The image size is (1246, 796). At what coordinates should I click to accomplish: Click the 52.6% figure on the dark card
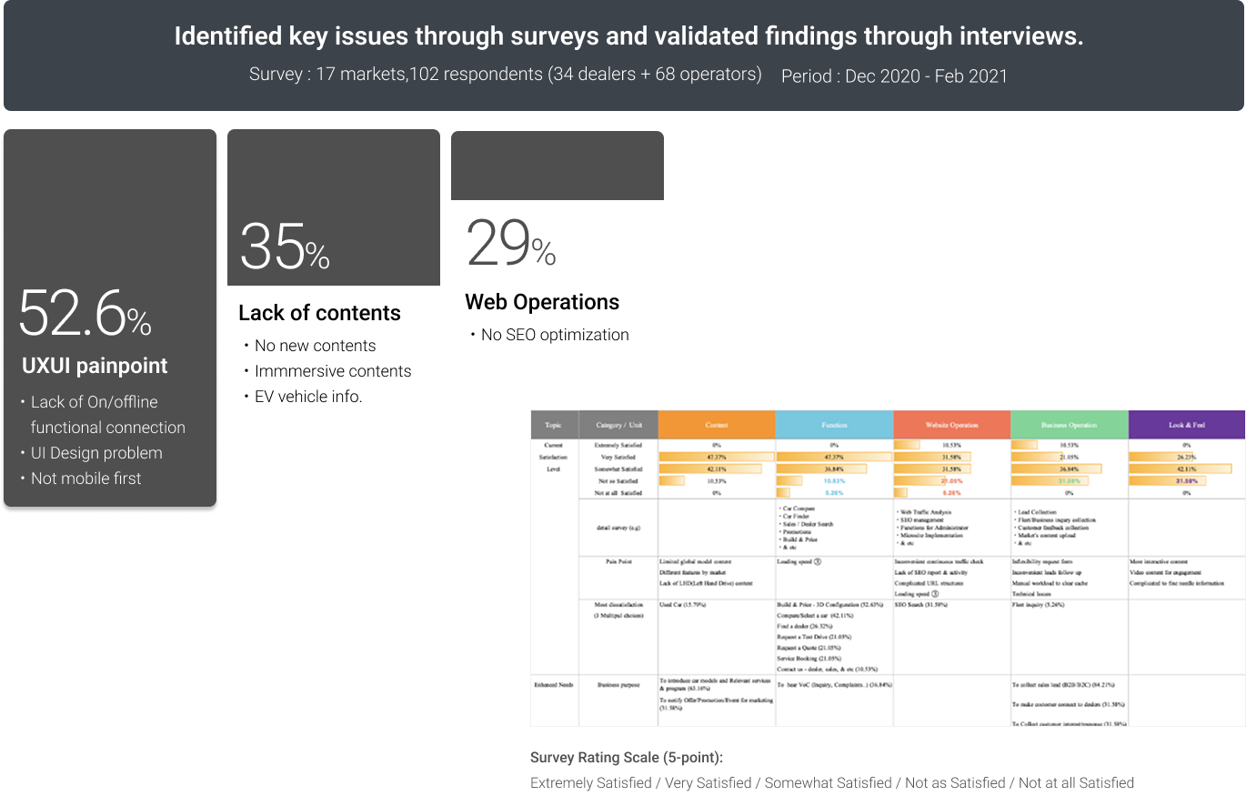[x=85, y=314]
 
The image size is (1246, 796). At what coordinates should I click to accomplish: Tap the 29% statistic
[x=510, y=244]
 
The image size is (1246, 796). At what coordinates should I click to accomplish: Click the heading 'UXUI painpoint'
[x=95, y=366]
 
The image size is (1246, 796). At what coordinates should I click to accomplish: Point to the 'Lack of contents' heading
[x=319, y=313]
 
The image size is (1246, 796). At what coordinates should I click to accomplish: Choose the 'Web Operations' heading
[x=542, y=302]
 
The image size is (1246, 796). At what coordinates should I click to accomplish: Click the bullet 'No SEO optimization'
[x=555, y=335]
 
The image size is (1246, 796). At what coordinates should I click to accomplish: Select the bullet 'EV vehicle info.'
[x=308, y=397]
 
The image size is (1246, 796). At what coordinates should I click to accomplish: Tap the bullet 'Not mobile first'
[x=86, y=479]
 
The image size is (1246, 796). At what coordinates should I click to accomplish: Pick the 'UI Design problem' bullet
[x=96, y=453]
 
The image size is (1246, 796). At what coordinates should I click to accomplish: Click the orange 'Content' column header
[x=717, y=425]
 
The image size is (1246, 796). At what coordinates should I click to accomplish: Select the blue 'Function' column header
[x=834, y=425]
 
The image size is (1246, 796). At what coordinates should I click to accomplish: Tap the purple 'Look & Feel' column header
[x=1186, y=425]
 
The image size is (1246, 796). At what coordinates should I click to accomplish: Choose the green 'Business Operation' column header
[x=1069, y=425]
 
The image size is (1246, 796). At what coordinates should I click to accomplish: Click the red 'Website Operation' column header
[x=951, y=425]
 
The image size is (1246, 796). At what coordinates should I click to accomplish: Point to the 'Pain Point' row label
[x=618, y=562]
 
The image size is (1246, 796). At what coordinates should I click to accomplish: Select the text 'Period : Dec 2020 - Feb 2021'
[x=894, y=76]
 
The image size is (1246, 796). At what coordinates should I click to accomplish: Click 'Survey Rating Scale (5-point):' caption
[x=627, y=758]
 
